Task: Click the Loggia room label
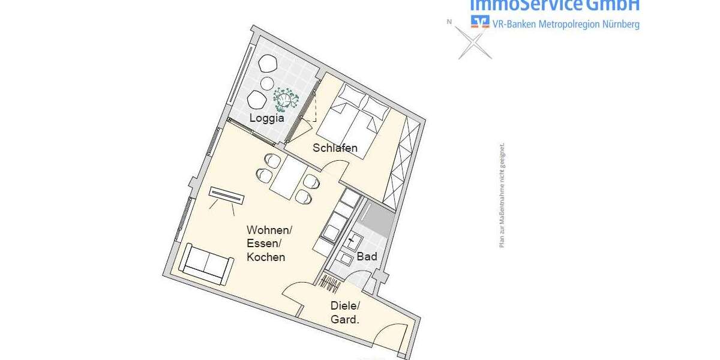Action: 266,118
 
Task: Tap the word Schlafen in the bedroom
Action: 335,148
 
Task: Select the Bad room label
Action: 367,257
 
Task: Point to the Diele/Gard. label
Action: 345,312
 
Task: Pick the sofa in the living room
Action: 207,264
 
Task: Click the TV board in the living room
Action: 227,196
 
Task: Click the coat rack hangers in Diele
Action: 329,281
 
